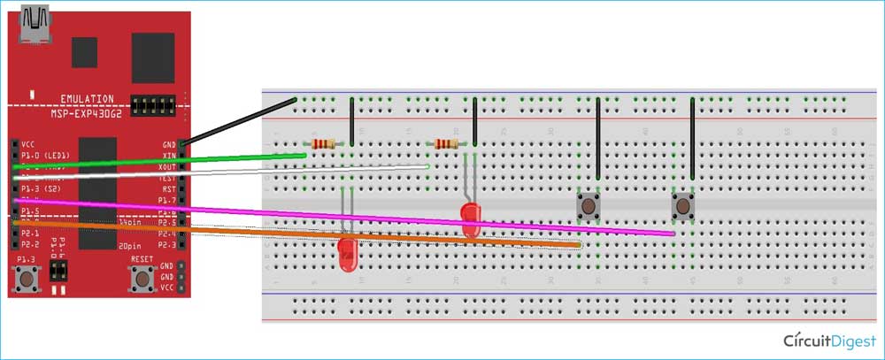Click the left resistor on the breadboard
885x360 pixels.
tap(324, 144)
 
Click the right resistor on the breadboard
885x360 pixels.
tap(446, 144)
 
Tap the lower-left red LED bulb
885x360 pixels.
tap(348, 254)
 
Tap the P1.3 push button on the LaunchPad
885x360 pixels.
tap(27, 280)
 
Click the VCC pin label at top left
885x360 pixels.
tap(29, 142)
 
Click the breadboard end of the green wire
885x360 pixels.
tap(304, 155)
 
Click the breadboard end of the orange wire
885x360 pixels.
tap(580, 243)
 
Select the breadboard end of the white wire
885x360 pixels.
tap(427, 165)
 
